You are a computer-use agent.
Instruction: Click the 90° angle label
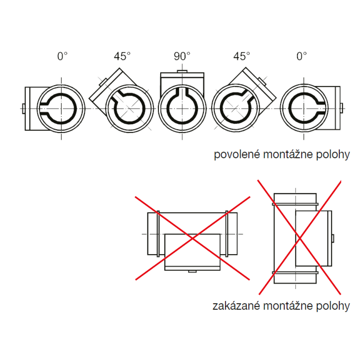(182, 56)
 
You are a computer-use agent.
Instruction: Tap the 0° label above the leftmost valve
(62, 56)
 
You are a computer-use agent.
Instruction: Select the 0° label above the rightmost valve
(301, 56)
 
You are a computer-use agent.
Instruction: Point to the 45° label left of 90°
(122, 56)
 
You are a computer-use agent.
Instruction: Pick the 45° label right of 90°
(242, 56)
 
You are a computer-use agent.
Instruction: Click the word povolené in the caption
(237, 154)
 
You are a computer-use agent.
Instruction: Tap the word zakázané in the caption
(236, 306)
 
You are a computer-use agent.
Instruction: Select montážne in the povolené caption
(288, 154)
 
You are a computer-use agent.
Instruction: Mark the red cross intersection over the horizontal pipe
(192, 239)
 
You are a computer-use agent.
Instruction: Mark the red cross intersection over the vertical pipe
(300, 239)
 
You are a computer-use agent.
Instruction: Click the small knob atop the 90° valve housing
(182, 71)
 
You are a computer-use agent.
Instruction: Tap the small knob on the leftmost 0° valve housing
(23, 109)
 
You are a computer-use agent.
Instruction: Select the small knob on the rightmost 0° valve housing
(341, 108)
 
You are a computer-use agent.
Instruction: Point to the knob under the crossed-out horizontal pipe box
(192, 271)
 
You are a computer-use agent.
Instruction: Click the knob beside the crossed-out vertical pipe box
(333, 238)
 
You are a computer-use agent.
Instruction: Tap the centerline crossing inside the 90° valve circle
(182, 108)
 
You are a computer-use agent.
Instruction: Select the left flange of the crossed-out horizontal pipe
(158, 234)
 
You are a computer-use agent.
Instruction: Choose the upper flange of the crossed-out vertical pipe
(295, 204)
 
